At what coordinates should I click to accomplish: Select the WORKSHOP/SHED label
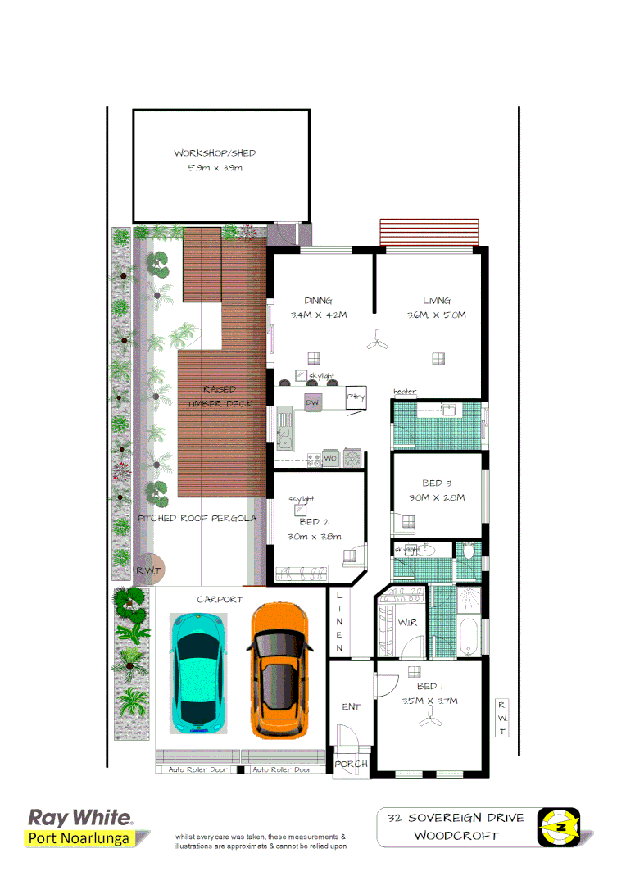pyautogui.click(x=215, y=153)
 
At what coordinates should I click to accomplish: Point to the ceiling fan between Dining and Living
pyautogui.click(x=377, y=340)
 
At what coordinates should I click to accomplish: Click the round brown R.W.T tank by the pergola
pyautogui.click(x=148, y=570)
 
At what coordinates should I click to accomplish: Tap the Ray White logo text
pyautogui.click(x=79, y=817)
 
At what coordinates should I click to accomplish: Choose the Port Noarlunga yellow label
pyautogui.click(x=79, y=837)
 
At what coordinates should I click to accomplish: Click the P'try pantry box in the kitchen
pyautogui.click(x=356, y=397)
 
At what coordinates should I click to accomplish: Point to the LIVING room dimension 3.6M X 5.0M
pyautogui.click(x=437, y=315)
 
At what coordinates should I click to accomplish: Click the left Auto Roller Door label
pyautogui.click(x=194, y=769)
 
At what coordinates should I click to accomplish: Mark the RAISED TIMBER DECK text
pyautogui.click(x=220, y=397)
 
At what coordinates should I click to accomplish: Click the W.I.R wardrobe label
pyautogui.click(x=407, y=624)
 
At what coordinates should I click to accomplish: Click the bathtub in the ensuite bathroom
pyautogui.click(x=469, y=638)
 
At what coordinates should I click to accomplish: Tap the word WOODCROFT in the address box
pyautogui.click(x=456, y=836)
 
